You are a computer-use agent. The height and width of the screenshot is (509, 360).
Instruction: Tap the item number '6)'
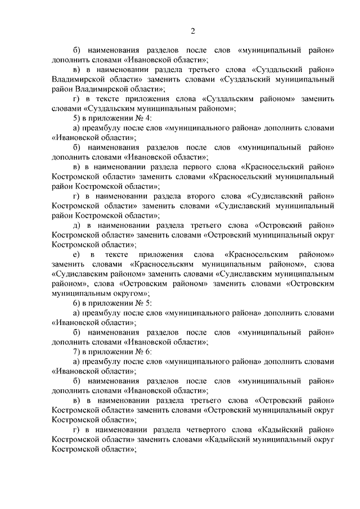click(x=77, y=303)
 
